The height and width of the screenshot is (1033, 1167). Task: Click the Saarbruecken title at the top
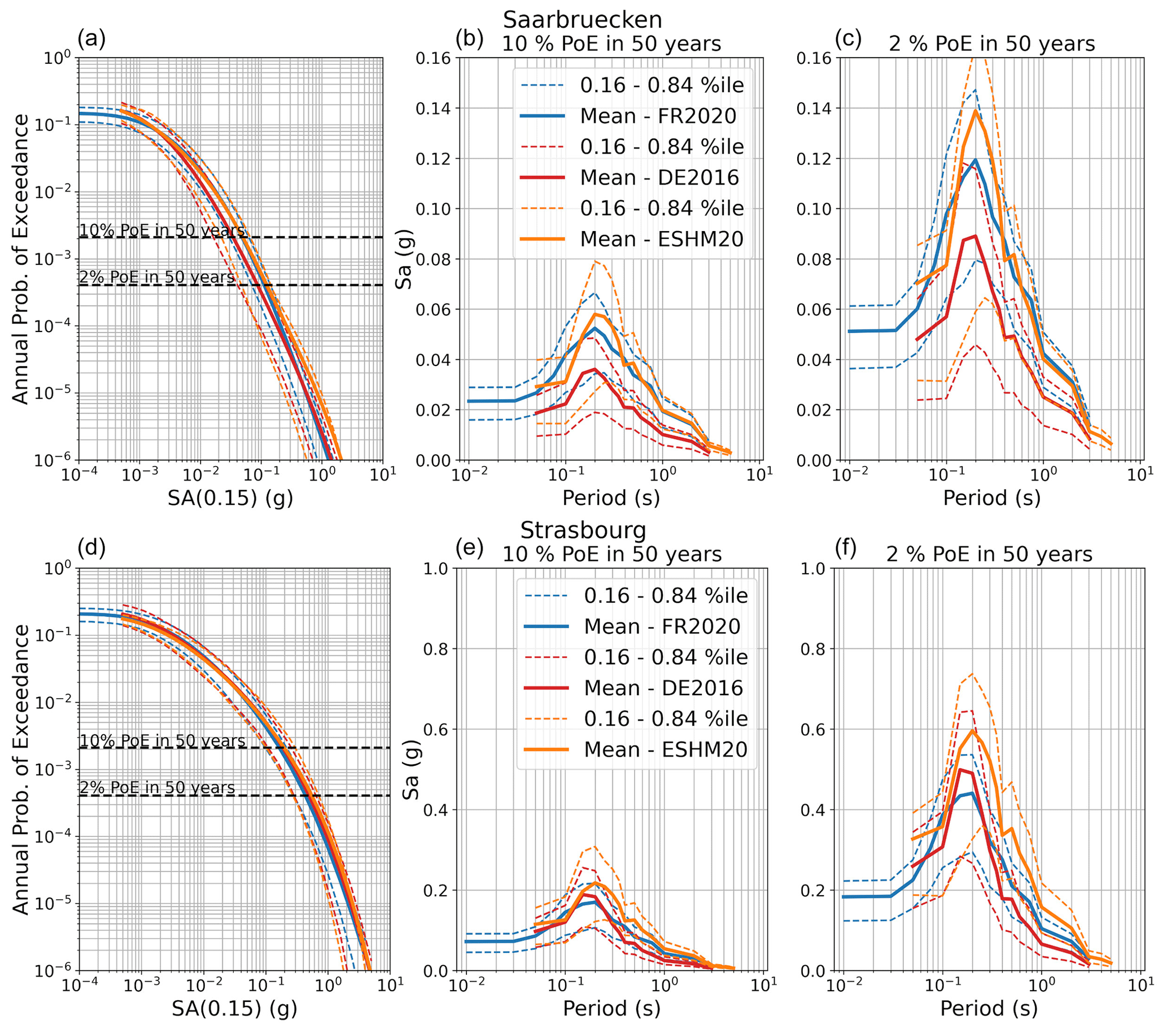(582, 20)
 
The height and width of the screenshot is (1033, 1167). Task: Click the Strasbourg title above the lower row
(583, 530)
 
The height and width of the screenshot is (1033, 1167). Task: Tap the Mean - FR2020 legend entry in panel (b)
(658, 116)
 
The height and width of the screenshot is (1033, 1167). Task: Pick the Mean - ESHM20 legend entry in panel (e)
(665, 749)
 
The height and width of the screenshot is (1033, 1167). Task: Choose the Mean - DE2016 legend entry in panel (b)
(659, 177)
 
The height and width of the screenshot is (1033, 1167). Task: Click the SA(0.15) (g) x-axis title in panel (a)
(230, 499)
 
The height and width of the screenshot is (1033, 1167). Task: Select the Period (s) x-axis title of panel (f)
(988, 1009)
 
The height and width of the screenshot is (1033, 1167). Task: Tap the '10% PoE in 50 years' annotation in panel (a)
(162, 230)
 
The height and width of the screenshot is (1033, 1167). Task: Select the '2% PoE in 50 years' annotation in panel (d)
(157, 788)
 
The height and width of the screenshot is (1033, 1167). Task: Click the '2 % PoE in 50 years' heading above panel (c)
(992, 44)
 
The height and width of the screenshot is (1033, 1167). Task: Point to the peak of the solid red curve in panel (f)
(961, 770)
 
